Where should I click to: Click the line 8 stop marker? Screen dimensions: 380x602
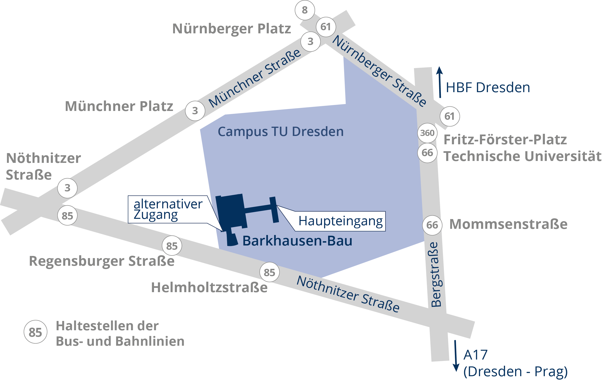(x=304, y=10)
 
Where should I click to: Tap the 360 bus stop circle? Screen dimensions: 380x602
(x=427, y=133)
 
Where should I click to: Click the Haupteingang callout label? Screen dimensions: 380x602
(x=340, y=221)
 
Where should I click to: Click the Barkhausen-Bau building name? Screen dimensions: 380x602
(x=297, y=241)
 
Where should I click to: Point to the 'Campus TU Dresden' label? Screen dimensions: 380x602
(x=280, y=131)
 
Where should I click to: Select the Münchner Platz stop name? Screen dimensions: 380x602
(x=119, y=106)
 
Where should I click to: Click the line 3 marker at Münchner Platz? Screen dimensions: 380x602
(x=195, y=111)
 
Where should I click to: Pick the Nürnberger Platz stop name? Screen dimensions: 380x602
(x=232, y=29)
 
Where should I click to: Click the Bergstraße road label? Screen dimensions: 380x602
(x=436, y=275)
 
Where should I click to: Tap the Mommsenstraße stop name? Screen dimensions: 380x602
(x=508, y=224)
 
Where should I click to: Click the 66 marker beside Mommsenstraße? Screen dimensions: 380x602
(x=432, y=225)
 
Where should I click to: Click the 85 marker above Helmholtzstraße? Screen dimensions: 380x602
(x=269, y=272)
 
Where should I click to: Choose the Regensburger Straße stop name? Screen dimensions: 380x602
(x=102, y=261)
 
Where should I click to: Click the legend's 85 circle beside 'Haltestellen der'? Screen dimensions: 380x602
(x=35, y=332)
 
